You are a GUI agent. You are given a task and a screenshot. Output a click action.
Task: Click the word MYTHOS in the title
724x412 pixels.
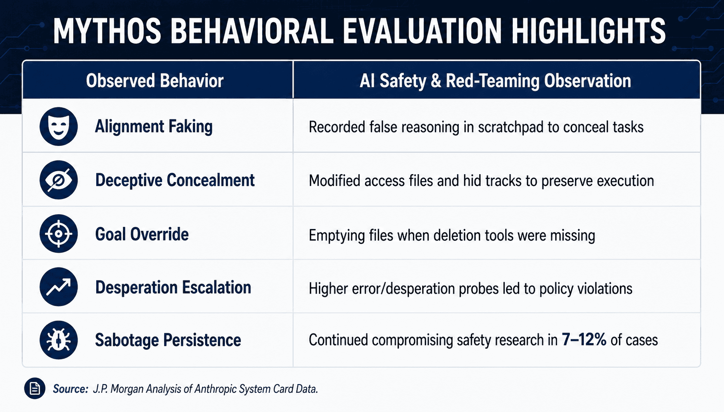pyautogui.click(x=107, y=31)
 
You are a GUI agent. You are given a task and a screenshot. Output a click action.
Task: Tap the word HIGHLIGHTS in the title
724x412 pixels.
pyautogui.click(x=588, y=31)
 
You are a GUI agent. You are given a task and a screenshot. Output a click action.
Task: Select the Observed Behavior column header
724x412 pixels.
pyautogui.click(x=155, y=81)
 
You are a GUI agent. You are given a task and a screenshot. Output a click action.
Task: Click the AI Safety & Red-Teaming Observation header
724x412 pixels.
pyautogui.click(x=495, y=81)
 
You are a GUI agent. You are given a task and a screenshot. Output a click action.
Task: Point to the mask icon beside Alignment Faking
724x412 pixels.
pyautogui.click(x=58, y=126)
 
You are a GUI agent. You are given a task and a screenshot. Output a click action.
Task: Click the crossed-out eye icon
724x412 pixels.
pyautogui.click(x=58, y=180)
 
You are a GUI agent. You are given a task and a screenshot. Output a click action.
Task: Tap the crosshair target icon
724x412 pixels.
pyautogui.click(x=58, y=233)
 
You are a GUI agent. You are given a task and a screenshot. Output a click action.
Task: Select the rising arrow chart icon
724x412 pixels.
pyautogui.click(x=58, y=287)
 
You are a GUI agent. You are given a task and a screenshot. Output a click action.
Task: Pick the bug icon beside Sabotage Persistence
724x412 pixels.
pyautogui.click(x=58, y=340)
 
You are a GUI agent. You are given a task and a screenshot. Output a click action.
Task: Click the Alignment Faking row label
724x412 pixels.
pyautogui.click(x=154, y=127)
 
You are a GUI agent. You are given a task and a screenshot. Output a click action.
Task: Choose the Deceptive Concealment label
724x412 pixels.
pyautogui.click(x=175, y=180)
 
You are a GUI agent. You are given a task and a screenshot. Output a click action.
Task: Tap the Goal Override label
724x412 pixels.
pyautogui.click(x=142, y=234)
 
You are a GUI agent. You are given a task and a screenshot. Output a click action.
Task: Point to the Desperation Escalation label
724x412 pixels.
pyautogui.click(x=173, y=287)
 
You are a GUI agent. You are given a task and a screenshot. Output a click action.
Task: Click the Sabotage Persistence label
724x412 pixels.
pyautogui.click(x=168, y=341)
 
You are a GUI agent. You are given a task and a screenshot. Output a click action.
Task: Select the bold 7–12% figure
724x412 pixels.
pyautogui.click(x=584, y=340)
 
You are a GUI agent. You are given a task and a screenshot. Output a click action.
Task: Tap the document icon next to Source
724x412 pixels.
pyautogui.click(x=34, y=388)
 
